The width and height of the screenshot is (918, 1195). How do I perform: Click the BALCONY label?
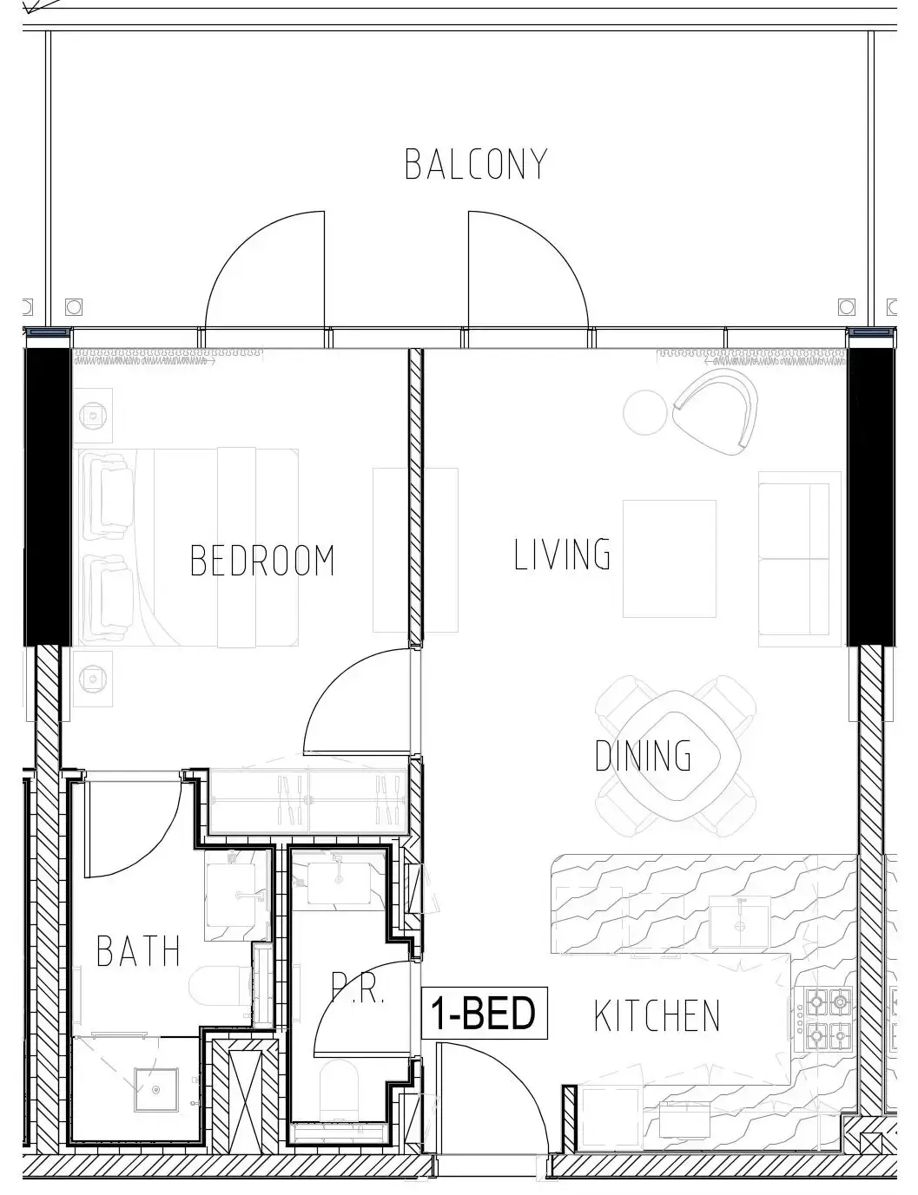(476, 164)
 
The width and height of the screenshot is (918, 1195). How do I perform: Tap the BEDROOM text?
(262, 561)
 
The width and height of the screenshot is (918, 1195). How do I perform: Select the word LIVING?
(562, 554)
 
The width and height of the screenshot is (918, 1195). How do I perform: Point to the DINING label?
(643, 756)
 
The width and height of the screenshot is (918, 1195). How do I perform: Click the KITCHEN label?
(657, 1015)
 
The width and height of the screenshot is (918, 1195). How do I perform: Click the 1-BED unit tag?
(485, 1013)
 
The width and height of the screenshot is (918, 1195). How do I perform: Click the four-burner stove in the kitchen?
(829, 1018)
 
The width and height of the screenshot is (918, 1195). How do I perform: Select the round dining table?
(676, 754)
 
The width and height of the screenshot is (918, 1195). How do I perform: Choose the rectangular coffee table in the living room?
(670, 559)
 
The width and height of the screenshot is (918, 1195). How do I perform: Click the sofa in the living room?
(800, 559)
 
